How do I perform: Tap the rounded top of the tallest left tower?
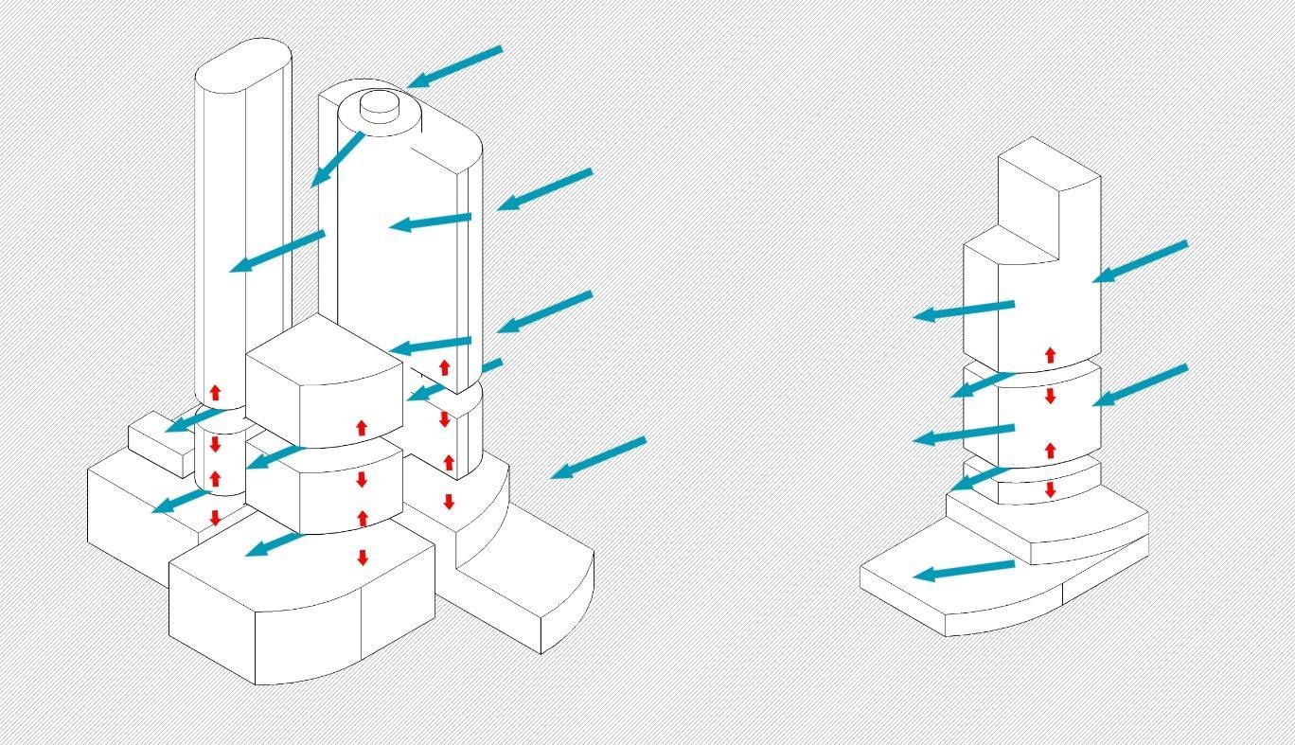242,65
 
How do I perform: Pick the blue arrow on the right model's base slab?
964,571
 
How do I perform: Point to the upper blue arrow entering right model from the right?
1140,261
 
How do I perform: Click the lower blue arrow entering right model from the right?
1140,385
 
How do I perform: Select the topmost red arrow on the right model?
1050,355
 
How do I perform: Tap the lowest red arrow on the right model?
1050,489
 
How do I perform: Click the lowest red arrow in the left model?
363,558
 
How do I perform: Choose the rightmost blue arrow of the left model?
598,458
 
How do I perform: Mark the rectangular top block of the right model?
1049,199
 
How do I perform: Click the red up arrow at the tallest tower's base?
215,392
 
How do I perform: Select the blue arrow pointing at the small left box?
195,419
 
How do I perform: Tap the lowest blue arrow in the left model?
273,544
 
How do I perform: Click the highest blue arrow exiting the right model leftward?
964,310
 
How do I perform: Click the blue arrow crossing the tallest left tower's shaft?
277,251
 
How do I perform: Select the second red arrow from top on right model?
1050,395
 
